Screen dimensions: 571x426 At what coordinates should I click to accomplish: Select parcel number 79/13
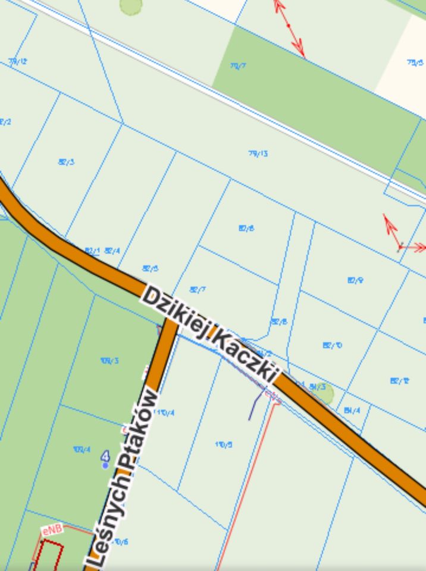coord(258,153)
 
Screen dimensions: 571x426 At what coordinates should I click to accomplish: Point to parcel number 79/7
coord(238,66)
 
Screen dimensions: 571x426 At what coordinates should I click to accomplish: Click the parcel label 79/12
coord(18,61)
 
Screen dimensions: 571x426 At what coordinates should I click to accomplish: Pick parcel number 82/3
coord(66,162)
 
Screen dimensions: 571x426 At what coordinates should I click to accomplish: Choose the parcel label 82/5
coord(151,269)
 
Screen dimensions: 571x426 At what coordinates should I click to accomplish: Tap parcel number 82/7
coord(198,290)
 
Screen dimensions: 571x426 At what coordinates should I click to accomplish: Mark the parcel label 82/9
coord(355,280)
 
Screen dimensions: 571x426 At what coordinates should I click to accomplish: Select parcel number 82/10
coord(332,345)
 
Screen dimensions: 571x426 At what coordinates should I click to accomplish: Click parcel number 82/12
coord(399,381)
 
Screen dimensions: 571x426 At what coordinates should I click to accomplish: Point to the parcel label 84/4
coord(352,410)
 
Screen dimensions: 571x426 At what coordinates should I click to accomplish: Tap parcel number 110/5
coord(224,444)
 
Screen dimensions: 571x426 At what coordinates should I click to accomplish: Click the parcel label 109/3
coord(109,360)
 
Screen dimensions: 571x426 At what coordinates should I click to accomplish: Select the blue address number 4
coord(106,457)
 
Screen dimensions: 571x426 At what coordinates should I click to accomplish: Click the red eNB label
coord(52,529)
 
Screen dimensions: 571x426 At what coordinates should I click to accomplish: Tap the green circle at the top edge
coord(131,5)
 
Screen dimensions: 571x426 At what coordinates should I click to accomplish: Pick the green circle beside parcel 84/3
coord(324,393)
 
